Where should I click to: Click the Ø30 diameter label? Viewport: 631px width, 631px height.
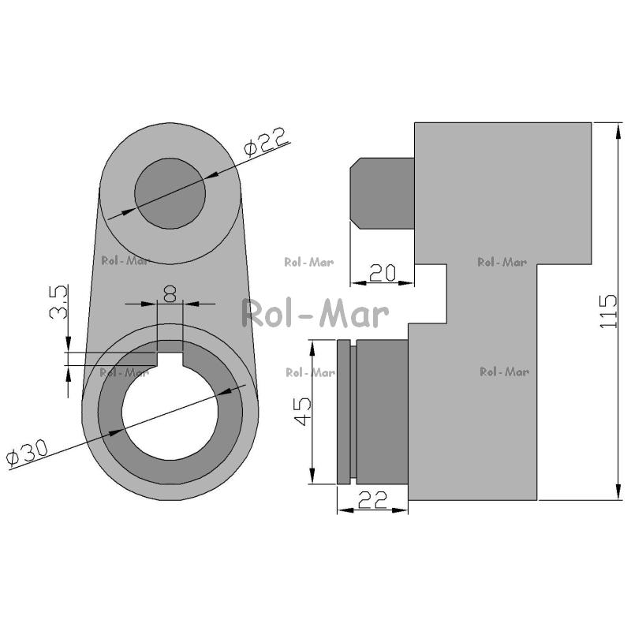[x=28, y=451]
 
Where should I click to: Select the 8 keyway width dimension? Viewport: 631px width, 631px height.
[x=170, y=293]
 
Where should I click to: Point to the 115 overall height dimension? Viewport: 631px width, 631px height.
[x=608, y=312]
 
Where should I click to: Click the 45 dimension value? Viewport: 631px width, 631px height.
[x=302, y=411]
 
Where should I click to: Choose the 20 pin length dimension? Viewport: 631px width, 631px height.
[x=382, y=272]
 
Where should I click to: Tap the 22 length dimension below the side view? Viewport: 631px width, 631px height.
[x=372, y=499]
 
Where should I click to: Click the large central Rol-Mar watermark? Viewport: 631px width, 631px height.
[x=315, y=313]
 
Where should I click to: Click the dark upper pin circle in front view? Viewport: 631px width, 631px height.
[x=170, y=193]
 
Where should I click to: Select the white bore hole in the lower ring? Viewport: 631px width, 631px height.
[x=170, y=412]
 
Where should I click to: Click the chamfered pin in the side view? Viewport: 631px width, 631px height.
[x=383, y=193]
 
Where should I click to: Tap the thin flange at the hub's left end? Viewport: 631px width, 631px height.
[x=343, y=412]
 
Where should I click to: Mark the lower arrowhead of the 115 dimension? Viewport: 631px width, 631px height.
[x=618, y=491]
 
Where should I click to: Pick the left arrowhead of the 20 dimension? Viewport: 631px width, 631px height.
[x=358, y=283]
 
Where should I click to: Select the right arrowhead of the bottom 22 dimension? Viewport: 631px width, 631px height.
[x=400, y=510]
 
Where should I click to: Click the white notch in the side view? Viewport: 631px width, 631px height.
[x=431, y=293]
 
